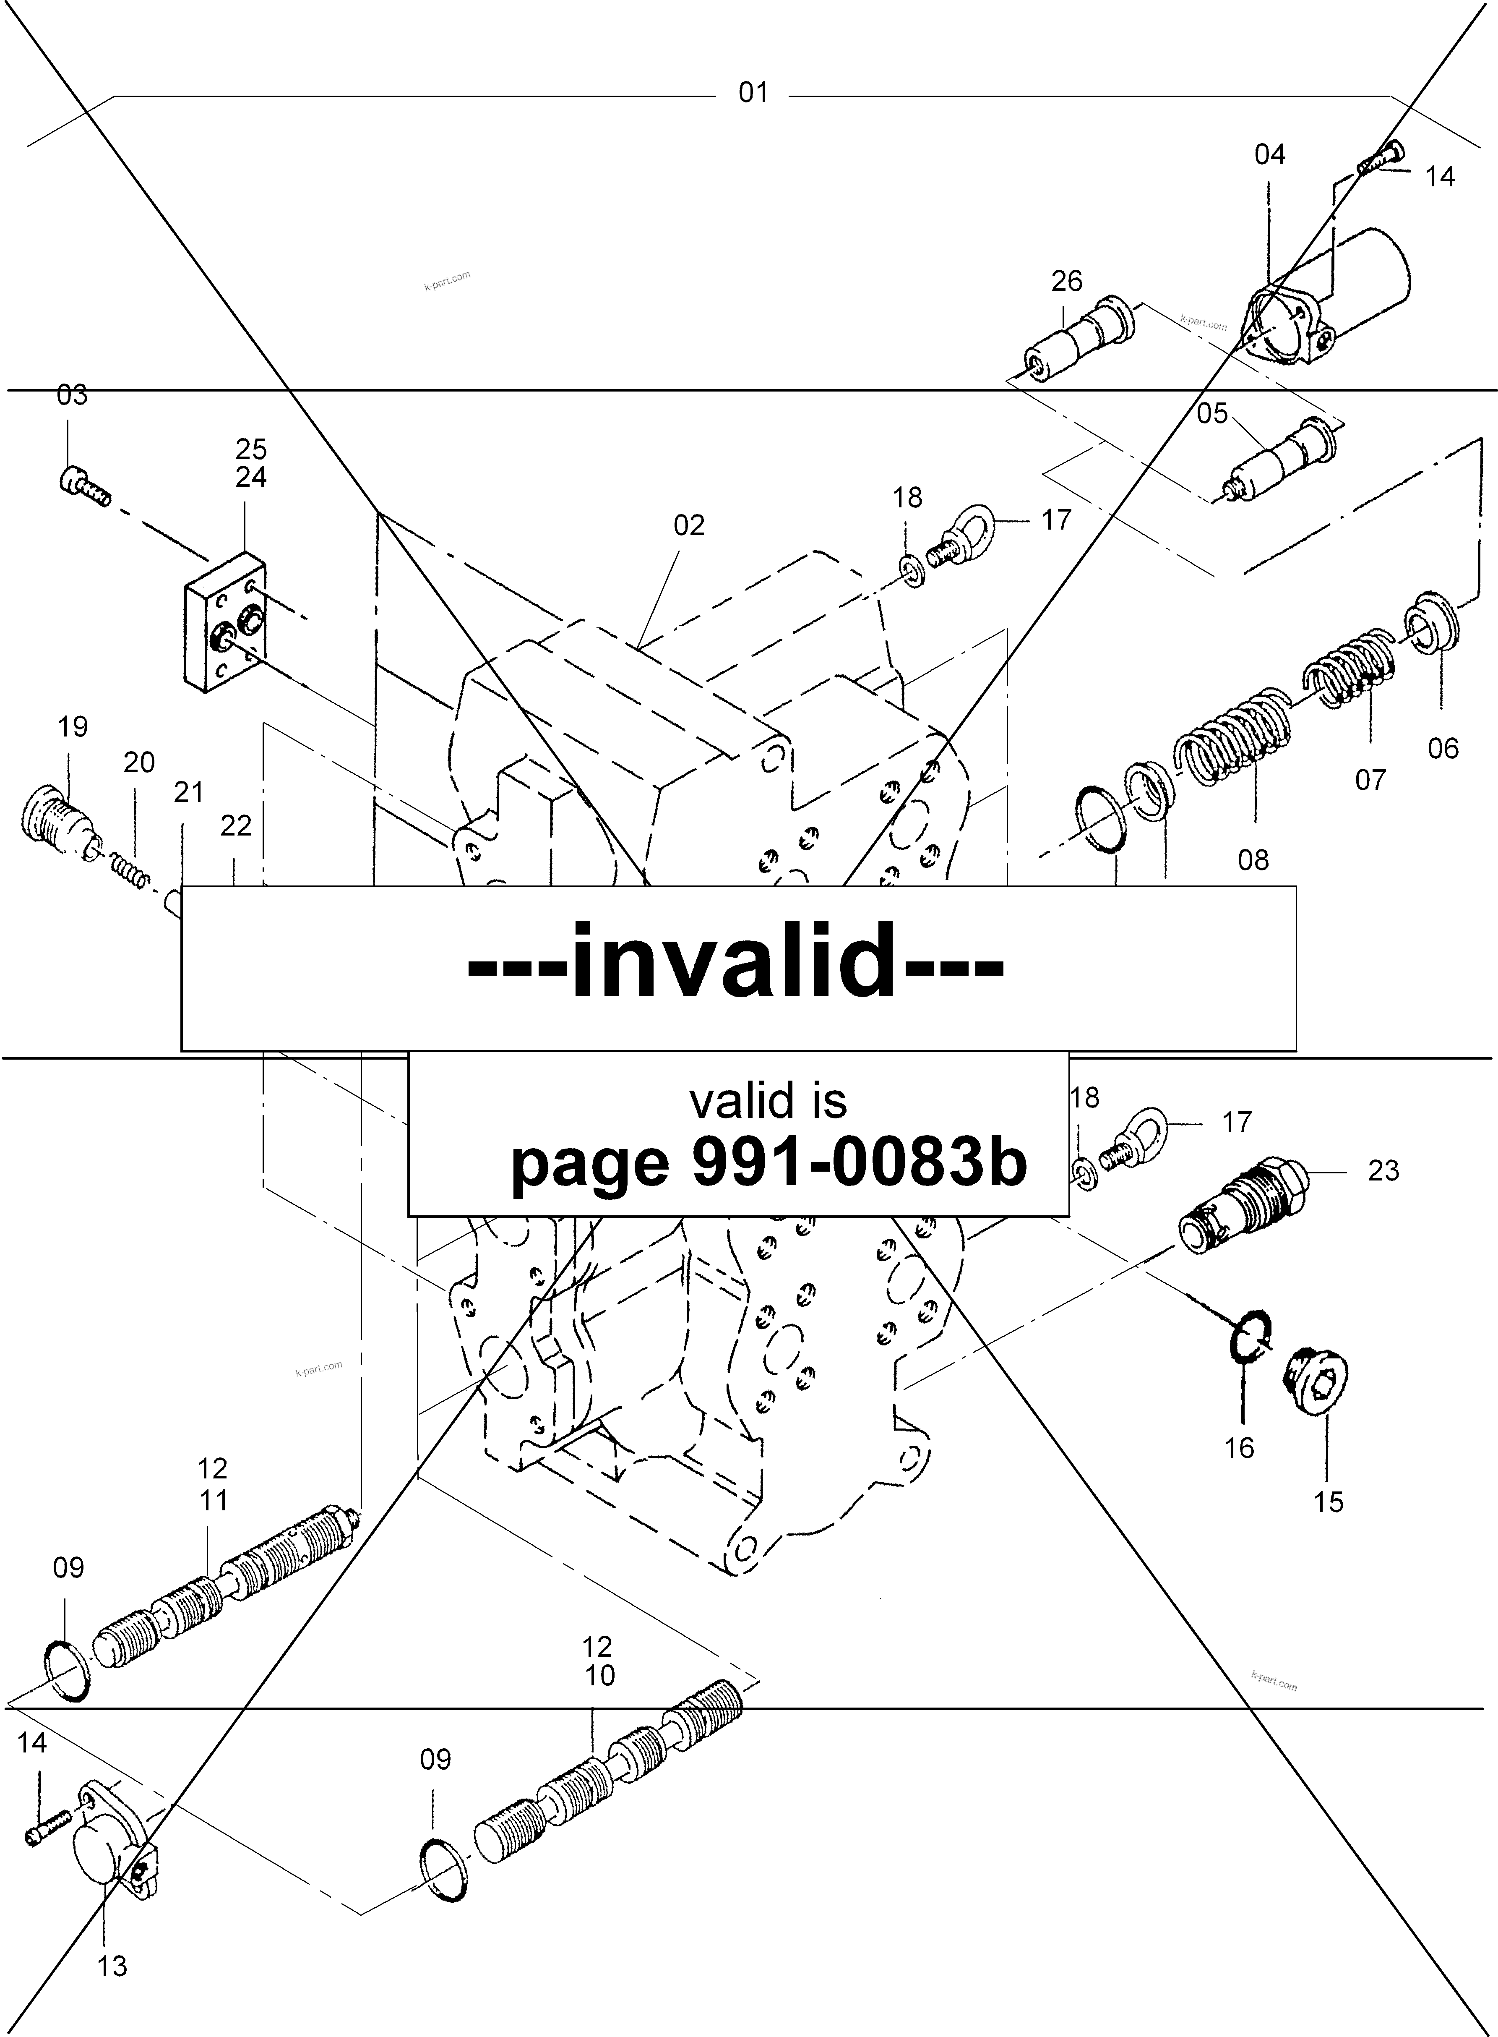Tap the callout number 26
click(1066, 281)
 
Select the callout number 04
click(1269, 155)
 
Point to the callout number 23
click(1383, 1171)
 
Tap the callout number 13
click(112, 1966)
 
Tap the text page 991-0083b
click(769, 1164)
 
